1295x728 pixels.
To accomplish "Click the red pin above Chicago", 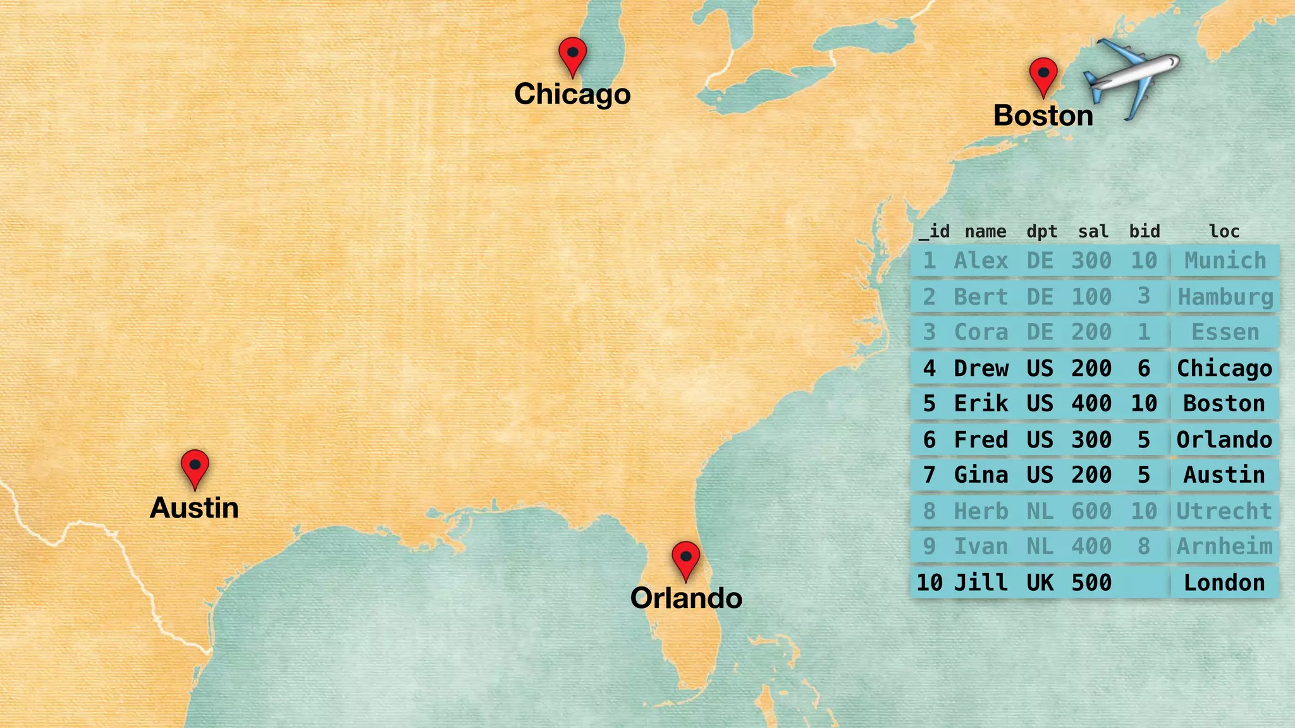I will coord(573,54).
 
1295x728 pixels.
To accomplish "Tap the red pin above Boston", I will coord(1043,75).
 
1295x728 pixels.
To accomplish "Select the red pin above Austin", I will coord(195,467).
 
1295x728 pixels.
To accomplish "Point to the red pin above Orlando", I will coord(685,559).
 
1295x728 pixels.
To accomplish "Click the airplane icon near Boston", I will coord(1131,77).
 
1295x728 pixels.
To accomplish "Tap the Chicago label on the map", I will coord(572,94).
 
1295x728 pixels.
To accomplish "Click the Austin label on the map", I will coord(194,508).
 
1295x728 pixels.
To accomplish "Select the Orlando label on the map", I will coord(686,598).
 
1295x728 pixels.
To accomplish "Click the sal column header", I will coord(1093,231).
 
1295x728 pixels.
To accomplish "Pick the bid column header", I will coord(1145,231).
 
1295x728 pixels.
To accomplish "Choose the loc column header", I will coord(1224,231).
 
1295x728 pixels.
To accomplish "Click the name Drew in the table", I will coord(981,368).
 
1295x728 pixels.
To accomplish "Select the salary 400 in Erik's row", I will coord(1091,403).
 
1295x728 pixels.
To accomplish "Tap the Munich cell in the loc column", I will coord(1225,260).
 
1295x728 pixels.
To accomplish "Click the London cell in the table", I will coord(1224,583).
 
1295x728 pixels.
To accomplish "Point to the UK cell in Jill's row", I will coord(1040,583).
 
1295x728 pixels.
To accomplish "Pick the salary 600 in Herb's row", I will coord(1091,511).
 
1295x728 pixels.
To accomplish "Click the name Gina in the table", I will coord(981,475).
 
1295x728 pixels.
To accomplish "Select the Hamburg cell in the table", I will coord(1225,296).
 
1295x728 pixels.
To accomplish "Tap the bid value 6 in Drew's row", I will coord(1144,368).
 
